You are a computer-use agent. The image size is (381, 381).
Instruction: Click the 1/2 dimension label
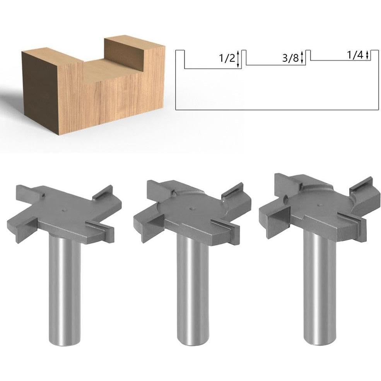(227, 59)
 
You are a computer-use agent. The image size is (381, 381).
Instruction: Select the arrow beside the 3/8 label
(302, 57)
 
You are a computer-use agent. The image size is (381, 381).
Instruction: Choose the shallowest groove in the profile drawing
(341, 58)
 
